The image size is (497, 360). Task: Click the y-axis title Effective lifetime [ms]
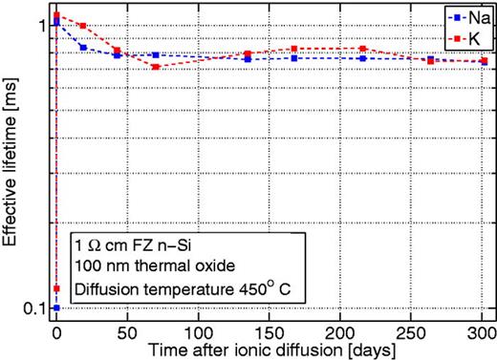point(13,162)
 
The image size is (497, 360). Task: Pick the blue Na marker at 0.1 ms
point(56,307)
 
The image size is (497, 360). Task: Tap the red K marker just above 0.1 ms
point(57,288)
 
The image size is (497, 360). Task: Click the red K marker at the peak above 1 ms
point(57,15)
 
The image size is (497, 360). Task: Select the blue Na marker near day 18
point(83,47)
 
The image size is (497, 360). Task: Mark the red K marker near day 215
point(363,49)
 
